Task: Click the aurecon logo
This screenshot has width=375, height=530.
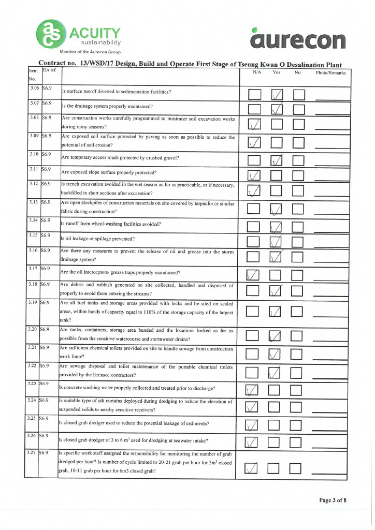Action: click(297, 38)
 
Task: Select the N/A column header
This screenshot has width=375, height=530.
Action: click(256, 73)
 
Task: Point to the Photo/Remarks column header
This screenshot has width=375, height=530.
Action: click(330, 73)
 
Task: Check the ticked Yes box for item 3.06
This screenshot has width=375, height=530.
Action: click(278, 94)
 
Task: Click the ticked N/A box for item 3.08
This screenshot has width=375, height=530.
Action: click(255, 124)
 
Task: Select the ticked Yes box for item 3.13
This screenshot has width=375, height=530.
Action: click(277, 209)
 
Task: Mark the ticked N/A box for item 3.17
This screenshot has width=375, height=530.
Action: click(254, 275)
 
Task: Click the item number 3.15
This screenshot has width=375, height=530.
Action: click(34, 235)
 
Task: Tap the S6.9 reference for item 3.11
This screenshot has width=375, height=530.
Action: click(46, 169)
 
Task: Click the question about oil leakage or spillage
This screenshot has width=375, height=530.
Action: click(98, 239)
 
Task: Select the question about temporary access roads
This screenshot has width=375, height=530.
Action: click(120, 158)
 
